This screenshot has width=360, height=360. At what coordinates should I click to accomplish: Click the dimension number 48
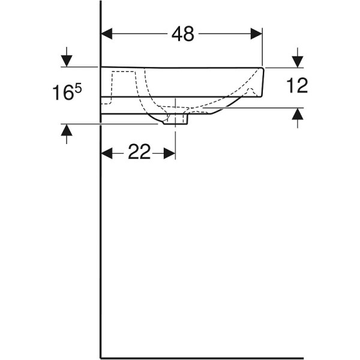pyautogui.click(x=182, y=35)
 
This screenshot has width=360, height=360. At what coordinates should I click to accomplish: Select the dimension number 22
pyautogui.click(x=139, y=153)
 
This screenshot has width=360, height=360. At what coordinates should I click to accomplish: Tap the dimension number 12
pyautogui.click(x=297, y=86)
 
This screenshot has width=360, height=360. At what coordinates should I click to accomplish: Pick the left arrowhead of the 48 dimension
pyautogui.click(x=107, y=35)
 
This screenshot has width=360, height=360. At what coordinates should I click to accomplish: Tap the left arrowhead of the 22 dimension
pyautogui.click(x=107, y=154)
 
